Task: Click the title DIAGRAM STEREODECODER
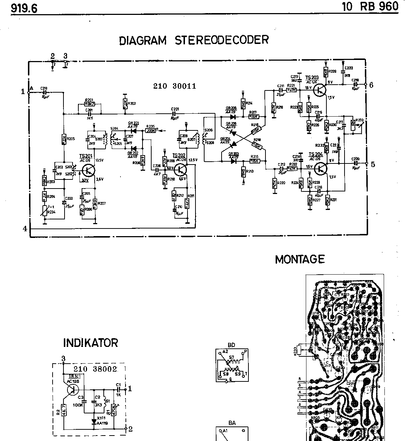tap(194, 40)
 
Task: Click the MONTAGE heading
tap(300, 259)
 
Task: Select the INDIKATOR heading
tap(91, 343)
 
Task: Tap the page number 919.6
tap(24, 8)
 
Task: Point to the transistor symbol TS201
tap(88, 170)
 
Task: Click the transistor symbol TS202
tap(180, 169)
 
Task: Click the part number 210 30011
tap(174, 86)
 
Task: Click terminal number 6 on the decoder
tap(371, 85)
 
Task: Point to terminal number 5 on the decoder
tap(372, 164)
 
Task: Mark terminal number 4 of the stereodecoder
tap(25, 229)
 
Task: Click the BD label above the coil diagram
tap(231, 345)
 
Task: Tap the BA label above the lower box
tap(232, 423)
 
